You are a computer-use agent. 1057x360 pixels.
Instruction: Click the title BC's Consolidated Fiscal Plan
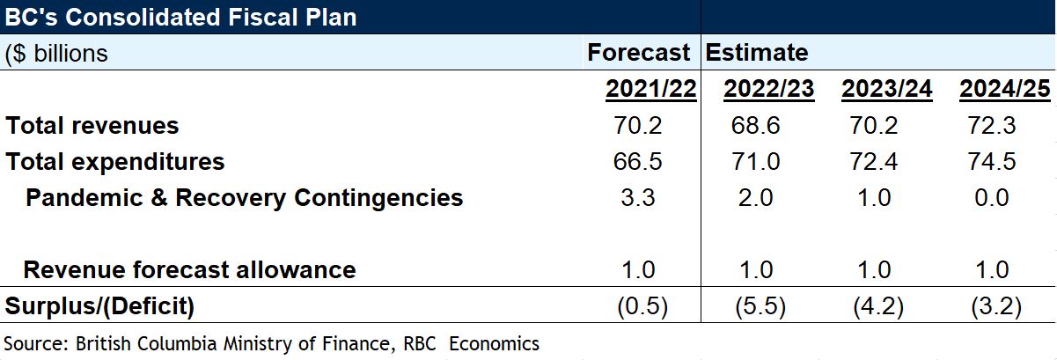coord(180,17)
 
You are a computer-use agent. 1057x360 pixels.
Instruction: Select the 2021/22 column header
coord(650,90)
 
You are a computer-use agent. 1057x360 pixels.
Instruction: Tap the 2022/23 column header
coord(768,90)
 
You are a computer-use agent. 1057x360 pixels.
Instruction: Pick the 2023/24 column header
coord(886,90)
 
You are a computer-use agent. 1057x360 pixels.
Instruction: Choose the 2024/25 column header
coord(1003,90)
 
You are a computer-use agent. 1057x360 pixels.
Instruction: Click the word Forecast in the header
coord(639,53)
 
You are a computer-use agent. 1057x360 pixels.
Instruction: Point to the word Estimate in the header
coord(757,53)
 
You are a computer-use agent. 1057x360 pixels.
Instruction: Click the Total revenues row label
coord(92,126)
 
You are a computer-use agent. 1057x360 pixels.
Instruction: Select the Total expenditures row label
coord(115,162)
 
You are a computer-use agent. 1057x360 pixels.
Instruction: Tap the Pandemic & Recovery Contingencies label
coord(244,197)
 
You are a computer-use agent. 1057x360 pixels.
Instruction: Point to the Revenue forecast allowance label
coord(189,269)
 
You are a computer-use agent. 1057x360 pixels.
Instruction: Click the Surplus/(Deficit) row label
coord(99,306)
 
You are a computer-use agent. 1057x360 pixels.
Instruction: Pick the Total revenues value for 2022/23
coord(756,126)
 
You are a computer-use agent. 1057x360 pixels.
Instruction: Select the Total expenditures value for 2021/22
coord(638,162)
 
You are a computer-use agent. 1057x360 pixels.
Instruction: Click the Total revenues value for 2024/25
coord(992,126)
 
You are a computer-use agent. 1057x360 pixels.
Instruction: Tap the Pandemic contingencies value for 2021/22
coord(638,197)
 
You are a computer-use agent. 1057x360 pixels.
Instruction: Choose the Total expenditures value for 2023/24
coord(874,162)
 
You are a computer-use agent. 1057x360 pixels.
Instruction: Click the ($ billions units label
coord(57,53)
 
